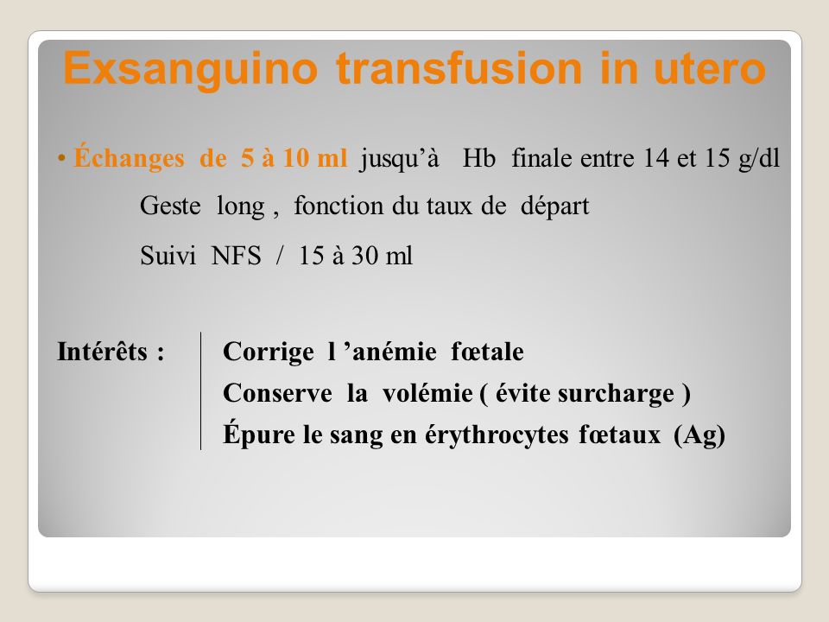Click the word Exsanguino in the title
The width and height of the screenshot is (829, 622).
click(x=190, y=70)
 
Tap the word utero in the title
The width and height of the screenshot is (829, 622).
click(x=710, y=68)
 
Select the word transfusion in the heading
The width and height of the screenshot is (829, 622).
click(x=459, y=68)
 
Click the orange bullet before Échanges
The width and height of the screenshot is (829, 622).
click(x=62, y=158)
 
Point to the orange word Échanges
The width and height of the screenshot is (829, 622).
click(x=129, y=158)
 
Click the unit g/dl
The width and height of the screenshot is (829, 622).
click(x=759, y=158)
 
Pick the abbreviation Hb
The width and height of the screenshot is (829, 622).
click(x=479, y=158)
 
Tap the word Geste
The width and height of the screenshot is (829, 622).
click(x=170, y=206)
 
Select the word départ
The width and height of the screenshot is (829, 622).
click(x=554, y=206)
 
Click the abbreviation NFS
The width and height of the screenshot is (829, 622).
click(x=237, y=256)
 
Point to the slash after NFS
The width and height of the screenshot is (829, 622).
click(x=279, y=256)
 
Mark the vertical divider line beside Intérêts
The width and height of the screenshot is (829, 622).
click(x=201, y=390)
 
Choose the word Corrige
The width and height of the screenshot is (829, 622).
click(x=268, y=352)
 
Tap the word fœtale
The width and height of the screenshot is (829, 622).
click(x=487, y=352)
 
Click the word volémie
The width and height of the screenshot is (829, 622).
click(x=427, y=393)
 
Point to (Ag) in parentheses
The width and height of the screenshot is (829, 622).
click(x=699, y=435)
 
